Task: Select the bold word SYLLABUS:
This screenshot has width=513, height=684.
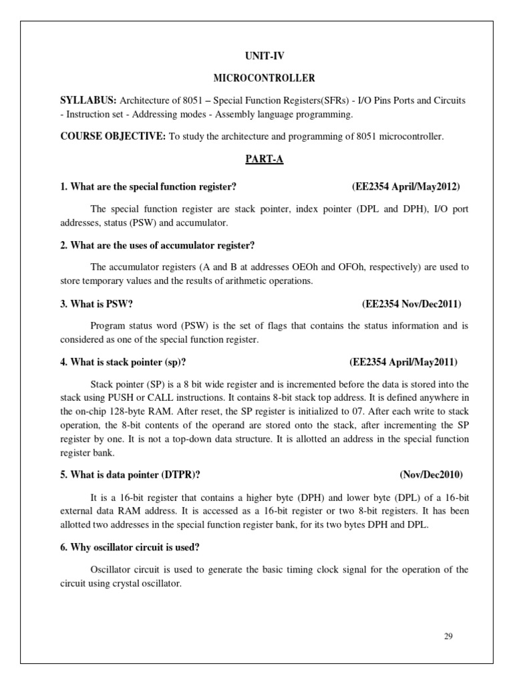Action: [88, 100]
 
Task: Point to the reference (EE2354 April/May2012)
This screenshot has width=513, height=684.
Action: [405, 186]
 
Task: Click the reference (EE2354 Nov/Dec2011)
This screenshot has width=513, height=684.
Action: [411, 304]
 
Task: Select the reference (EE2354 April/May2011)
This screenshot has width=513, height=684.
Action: [403, 363]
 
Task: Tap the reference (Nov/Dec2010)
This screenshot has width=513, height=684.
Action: [431, 475]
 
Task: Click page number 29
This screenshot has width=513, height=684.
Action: [448, 636]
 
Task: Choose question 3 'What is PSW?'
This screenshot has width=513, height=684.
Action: [97, 304]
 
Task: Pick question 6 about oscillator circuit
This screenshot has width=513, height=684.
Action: [130, 548]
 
